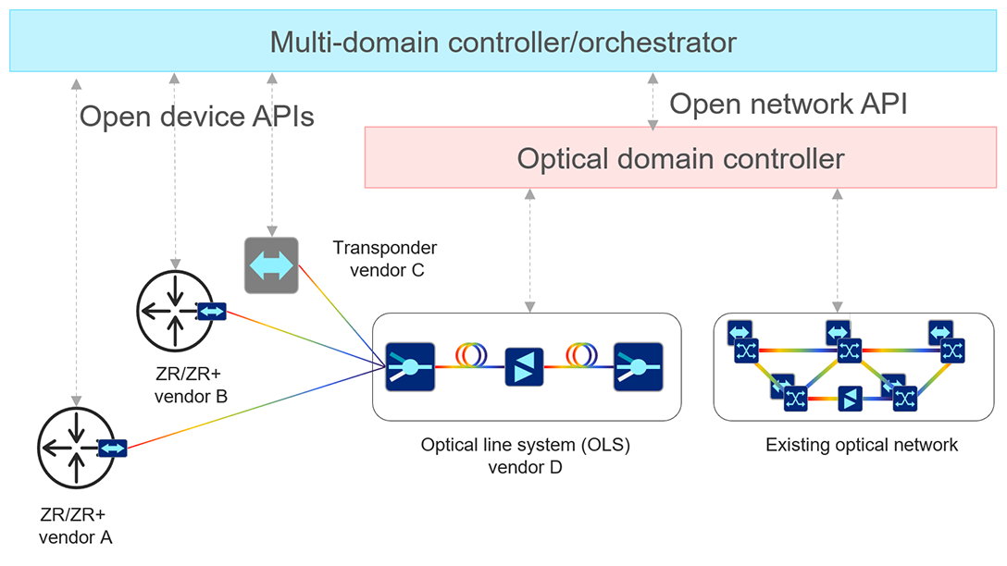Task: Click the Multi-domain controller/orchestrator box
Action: [503, 42]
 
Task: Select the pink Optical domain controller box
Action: [680, 158]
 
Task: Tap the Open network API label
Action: [787, 104]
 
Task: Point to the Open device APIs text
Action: [196, 117]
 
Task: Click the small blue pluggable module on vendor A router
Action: [113, 449]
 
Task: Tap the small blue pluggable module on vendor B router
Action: [211, 311]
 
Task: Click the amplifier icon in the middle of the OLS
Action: [523, 366]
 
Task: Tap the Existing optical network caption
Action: [861, 445]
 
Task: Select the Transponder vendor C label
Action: [384, 258]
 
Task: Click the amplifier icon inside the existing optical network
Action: [850, 400]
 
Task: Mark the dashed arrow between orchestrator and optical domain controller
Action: [653, 100]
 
